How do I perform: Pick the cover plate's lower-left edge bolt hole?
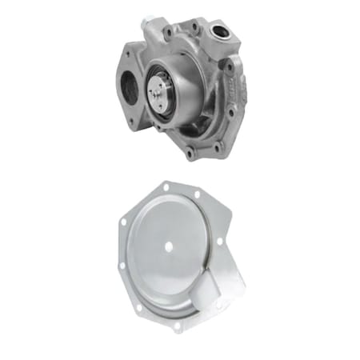121,265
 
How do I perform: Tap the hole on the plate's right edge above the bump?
224,242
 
